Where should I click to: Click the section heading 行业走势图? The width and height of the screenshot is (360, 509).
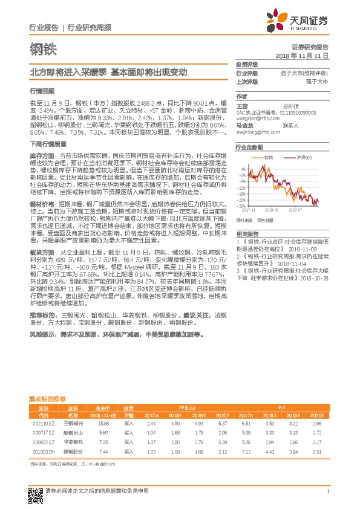pyautogui.click(x=249, y=147)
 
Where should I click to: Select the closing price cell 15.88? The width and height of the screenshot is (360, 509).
pyautogui.click(x=103, y=424)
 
